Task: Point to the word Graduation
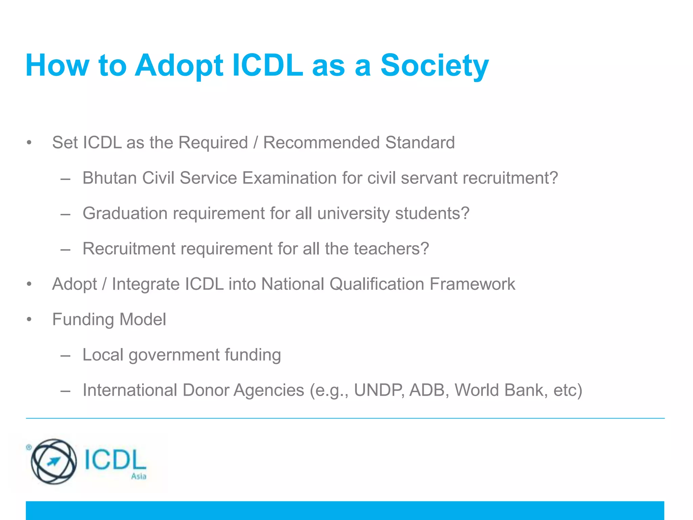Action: pos(125,213)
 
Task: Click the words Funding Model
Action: pos(109,319)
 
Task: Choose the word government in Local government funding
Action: pos(174,355)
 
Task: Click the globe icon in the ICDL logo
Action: pos(53,461)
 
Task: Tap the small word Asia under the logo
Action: pos(139,476)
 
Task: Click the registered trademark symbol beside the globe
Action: pos(29,447)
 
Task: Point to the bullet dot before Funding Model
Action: pos(29,320)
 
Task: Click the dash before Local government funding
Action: pos(65,355)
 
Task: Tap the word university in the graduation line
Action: pos(354,213)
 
